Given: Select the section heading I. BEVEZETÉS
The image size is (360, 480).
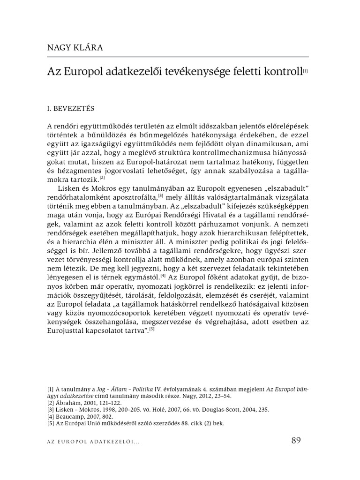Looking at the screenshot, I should (x=71, y=109).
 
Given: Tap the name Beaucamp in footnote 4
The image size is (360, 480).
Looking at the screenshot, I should (x=71, y=416).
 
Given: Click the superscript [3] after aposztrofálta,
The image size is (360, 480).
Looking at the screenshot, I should (x=160, y=195).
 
